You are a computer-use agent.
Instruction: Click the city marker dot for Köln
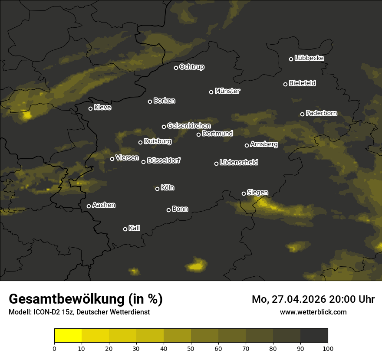[x=157, y=189]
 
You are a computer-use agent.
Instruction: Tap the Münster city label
[x=227, y=91]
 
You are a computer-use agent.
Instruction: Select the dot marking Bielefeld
[x=285, y=84]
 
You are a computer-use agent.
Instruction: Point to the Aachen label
[x=104, y=205]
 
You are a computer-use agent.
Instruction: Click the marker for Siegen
[x=244, y=193]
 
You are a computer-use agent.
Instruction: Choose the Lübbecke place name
[x=309, y=58]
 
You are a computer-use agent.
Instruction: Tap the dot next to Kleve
[x=90, y=108]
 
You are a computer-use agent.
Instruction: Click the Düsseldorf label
[x=164, y=160]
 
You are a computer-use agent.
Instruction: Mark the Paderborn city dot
[x=302, y=114]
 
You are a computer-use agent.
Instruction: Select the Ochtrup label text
[x=191, y=67]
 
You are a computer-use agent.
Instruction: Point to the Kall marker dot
[x=125, y=229]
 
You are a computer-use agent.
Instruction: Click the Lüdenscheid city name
[x=239, y=163]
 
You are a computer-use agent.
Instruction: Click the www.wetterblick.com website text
[x=313, y=312]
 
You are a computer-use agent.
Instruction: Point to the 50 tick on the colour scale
[x=191, y=348]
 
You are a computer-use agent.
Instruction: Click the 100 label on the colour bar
[x=328, y=348]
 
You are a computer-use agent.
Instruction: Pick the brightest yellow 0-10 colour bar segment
[x=68, y=335]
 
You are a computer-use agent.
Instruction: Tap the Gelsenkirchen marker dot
[x=164, y=127]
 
